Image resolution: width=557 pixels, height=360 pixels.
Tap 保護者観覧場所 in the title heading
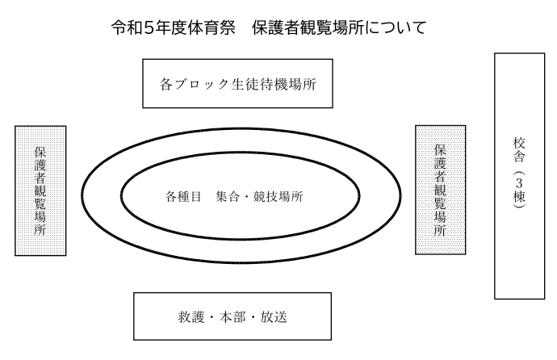(x=308, y=27)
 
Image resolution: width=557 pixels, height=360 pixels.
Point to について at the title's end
(x=396, y=28)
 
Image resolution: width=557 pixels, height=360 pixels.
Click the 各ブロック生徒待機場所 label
(x=237, y=84)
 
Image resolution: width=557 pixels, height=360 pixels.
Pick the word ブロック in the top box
(x=202, y=84)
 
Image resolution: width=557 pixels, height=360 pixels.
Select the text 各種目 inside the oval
(x=183, y=196)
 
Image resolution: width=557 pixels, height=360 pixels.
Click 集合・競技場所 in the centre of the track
(x=259, y=196)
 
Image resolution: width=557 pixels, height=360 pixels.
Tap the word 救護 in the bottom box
(x=191, y=317)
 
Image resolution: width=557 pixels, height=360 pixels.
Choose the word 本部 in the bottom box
(x=232, y=317)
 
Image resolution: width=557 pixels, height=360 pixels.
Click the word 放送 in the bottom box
(x=274, y=317)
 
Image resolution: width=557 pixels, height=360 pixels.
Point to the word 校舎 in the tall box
(x=519, y=150)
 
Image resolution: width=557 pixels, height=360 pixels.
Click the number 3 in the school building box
(x=519, y=183)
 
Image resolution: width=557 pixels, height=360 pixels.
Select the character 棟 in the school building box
(x=519, y=197)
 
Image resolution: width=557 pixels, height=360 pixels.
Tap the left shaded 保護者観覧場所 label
(x=40, y=191)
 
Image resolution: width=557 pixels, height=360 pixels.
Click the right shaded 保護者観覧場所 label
(x=440, y=190)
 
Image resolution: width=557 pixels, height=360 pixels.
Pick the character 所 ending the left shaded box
(x=40, y=230)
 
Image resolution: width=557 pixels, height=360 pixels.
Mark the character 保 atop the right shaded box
(x=440, y=150)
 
